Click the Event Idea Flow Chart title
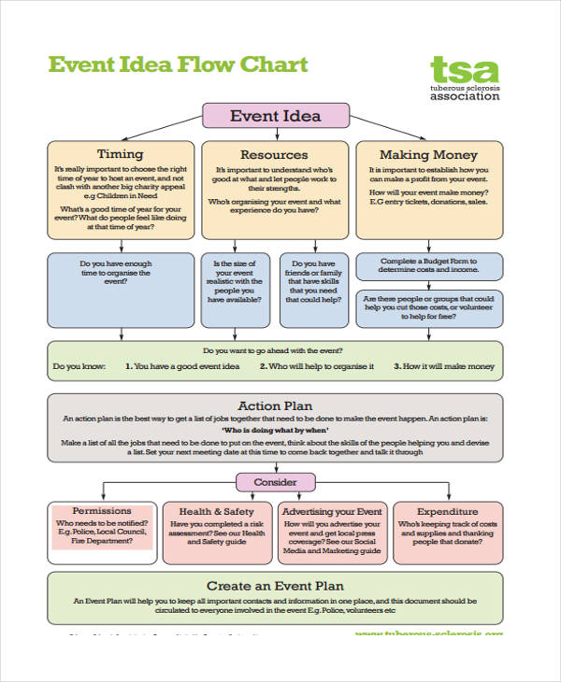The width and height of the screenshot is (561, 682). point(178,65)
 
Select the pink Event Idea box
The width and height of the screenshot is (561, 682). point(276,117)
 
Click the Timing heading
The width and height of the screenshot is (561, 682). point(121,153)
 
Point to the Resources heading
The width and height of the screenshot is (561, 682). point(274,154)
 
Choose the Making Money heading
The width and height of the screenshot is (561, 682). point(428,154)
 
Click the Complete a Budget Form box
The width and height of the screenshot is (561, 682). point(429,266)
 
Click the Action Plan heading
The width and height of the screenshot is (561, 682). point(275,405)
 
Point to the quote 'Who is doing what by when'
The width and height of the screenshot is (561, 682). point(275,432)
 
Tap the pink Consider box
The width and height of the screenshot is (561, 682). point(275,482)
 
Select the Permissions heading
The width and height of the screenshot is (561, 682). point(102,512)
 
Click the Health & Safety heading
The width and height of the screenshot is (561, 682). point(216,512)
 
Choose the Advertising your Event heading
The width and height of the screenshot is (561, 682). point(332,512)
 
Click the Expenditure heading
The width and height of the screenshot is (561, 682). point(447,512)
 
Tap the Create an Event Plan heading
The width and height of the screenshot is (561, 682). point(275,586)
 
